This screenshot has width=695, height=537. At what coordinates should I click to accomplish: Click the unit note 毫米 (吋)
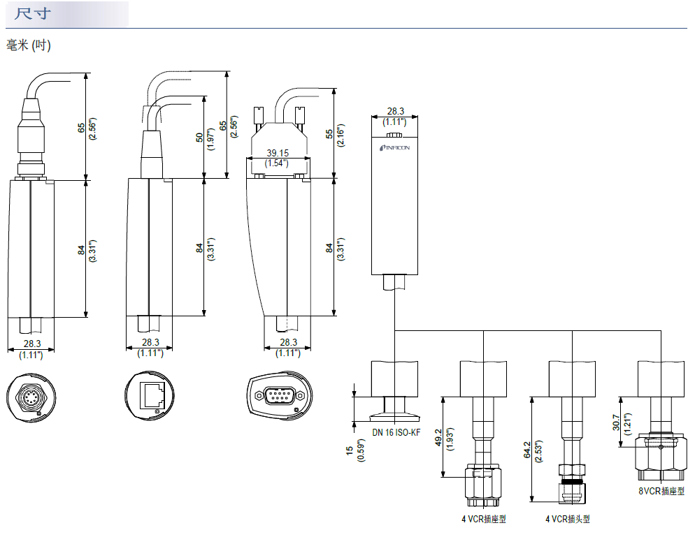click(x=29, y=45)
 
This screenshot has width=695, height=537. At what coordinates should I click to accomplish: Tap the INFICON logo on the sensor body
click(x=395, y=148)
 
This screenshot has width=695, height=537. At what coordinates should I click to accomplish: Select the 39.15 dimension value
click(x=278, y=153)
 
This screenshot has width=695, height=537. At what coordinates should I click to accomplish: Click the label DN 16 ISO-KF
click(x=396, y=433)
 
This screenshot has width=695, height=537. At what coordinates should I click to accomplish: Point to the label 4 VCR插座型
click(x=483, y=519)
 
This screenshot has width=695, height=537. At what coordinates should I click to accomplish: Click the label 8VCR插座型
click(x=661, y=491)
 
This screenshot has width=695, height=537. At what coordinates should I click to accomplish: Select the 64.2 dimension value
click(x=527, y=451)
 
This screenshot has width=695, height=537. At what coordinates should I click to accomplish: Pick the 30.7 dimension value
click(x=615, y=423)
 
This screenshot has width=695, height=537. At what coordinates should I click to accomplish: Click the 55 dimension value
click(x=330, y=134)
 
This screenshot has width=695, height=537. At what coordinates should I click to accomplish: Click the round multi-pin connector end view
click(x=31, y=398)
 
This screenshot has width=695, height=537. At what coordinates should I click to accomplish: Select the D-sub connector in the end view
click(x=278, y=398)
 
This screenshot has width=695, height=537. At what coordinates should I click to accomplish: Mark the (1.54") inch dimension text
click(x=278, y=163)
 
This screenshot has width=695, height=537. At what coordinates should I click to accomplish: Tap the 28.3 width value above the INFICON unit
click(x=396, y=111)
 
